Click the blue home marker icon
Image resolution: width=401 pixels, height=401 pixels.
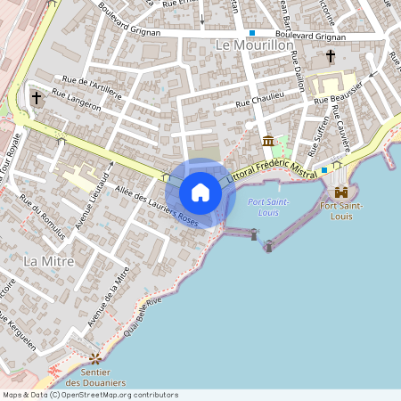(200, 192)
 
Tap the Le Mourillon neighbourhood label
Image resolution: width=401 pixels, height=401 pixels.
(255, 45)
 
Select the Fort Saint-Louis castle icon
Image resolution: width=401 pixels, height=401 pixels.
(340, 192)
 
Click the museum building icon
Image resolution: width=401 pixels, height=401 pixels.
(268, 141)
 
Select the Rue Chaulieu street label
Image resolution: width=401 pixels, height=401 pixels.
(259, 100)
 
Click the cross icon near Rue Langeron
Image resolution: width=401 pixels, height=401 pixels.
(37, 97)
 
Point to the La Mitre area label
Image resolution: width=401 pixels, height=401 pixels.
(43, 260)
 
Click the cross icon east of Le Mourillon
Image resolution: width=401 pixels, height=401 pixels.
(331, 56)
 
